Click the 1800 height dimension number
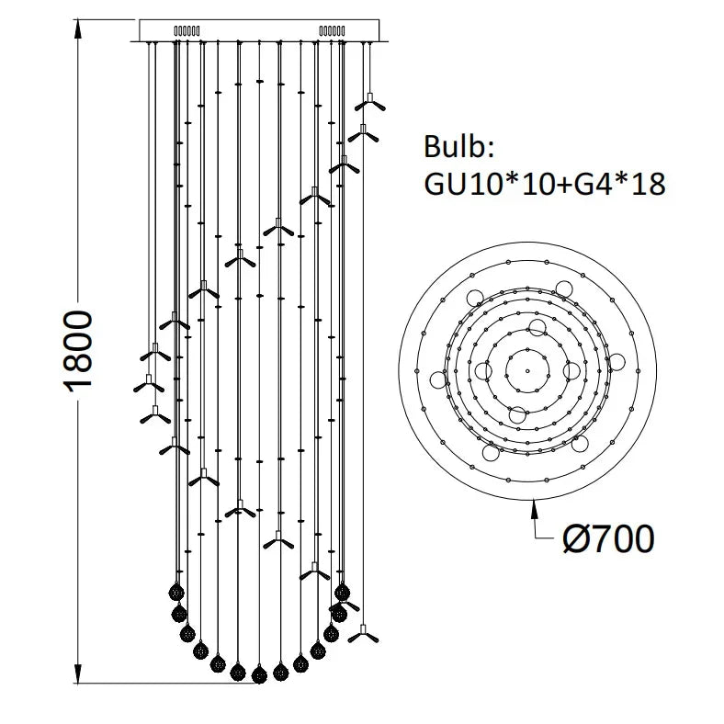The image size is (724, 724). (x=80, y=352)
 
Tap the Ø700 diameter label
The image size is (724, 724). (x=607, y=538)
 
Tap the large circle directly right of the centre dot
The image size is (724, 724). (x=572, y=370)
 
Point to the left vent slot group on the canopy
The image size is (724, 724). (x=187, y=30)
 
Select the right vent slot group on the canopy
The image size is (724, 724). (x=331, y=30)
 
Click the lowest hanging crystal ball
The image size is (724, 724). (x=259, y=673)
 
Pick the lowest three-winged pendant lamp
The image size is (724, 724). (x=364, y=632)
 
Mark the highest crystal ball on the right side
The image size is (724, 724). (x=343, y=590)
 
